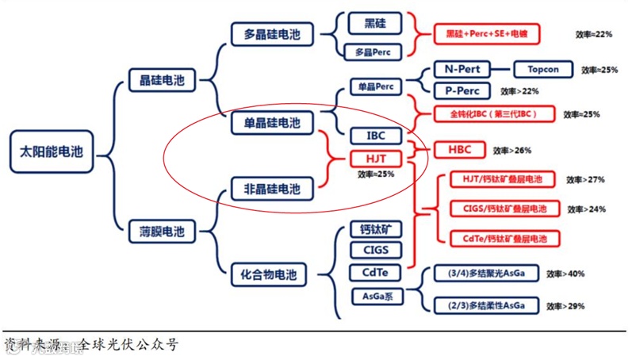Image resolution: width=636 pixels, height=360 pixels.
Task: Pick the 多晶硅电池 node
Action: click(272, 34)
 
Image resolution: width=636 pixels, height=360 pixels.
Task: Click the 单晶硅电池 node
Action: click(272, 123)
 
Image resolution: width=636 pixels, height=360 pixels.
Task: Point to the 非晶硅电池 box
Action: click(272, 189)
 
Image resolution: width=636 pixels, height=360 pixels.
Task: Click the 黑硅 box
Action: click(375, 23)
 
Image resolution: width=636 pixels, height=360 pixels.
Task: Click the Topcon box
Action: click(543, 70)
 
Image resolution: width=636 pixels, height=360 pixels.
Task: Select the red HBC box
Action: click(459, 149)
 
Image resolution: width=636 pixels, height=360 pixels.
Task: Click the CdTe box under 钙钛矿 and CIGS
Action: click(375, 273)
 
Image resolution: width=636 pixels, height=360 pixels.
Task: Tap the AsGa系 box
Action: click(376, 297)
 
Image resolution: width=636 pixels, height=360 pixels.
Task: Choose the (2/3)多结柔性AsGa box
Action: click(486, 305)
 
